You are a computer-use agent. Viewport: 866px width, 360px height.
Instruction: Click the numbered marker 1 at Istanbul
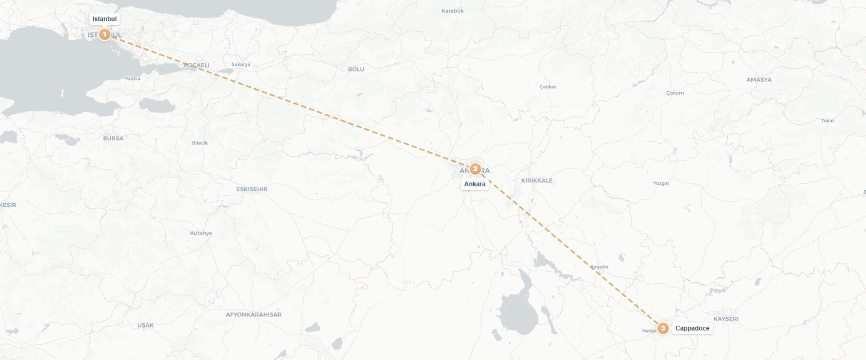[x=104, y=34]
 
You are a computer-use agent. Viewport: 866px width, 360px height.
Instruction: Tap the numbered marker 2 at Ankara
[x=475, y=169]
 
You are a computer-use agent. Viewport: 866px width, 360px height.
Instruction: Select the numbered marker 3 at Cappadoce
[x=662, y=328]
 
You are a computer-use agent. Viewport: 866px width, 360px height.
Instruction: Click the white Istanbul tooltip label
[x=104, y=19]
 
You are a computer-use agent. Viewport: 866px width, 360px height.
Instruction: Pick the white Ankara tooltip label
[x=475, y=184]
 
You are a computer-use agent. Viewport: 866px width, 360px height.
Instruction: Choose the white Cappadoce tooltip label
[x=692, y=328]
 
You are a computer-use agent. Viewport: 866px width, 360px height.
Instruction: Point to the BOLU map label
[x=356, y=69]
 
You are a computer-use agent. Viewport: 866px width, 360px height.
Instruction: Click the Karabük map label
[x=452, y=11]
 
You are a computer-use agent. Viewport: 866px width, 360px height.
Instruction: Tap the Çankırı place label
[x=548, y=87]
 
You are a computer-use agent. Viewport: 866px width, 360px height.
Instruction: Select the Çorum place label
[x=675, y=93]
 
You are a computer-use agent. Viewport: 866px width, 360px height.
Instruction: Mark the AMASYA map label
[x=759, y=80]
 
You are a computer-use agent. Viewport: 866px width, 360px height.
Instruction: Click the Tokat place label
[x=827, y=121]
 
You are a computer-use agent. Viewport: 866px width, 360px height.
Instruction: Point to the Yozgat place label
[x=661, y=183]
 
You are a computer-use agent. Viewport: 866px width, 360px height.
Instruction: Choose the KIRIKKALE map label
[x=536, y=181]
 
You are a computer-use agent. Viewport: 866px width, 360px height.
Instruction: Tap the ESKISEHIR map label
[x=252, y=189]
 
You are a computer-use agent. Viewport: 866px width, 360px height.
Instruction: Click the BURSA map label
[x=113, y=139]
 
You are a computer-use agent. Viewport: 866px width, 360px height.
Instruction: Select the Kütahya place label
[x=201, y=233]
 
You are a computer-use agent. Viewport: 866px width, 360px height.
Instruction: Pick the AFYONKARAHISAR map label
[x=253, y=315]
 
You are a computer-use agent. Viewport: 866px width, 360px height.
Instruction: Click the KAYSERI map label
[x=726, y=319]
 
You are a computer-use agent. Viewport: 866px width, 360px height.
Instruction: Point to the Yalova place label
[x=132, y=79]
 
